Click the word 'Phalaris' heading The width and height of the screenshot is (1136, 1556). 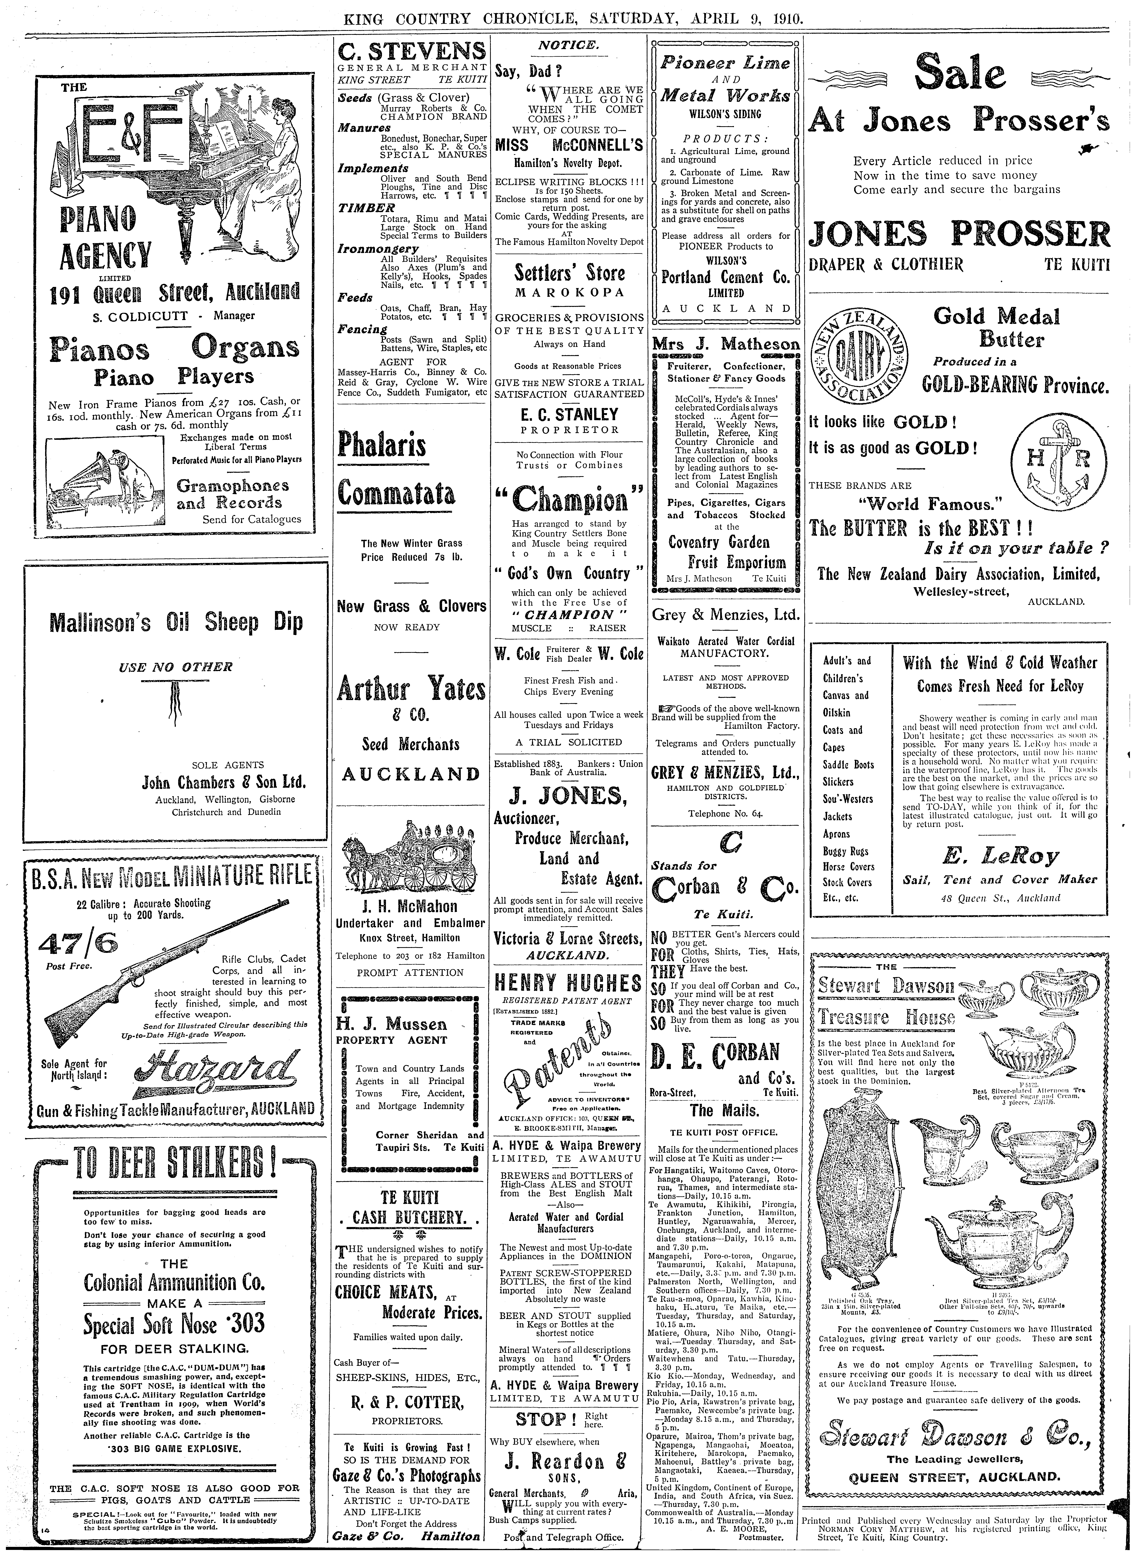[x=382, y=445]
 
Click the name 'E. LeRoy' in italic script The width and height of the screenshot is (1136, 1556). [x=999, y=856]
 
